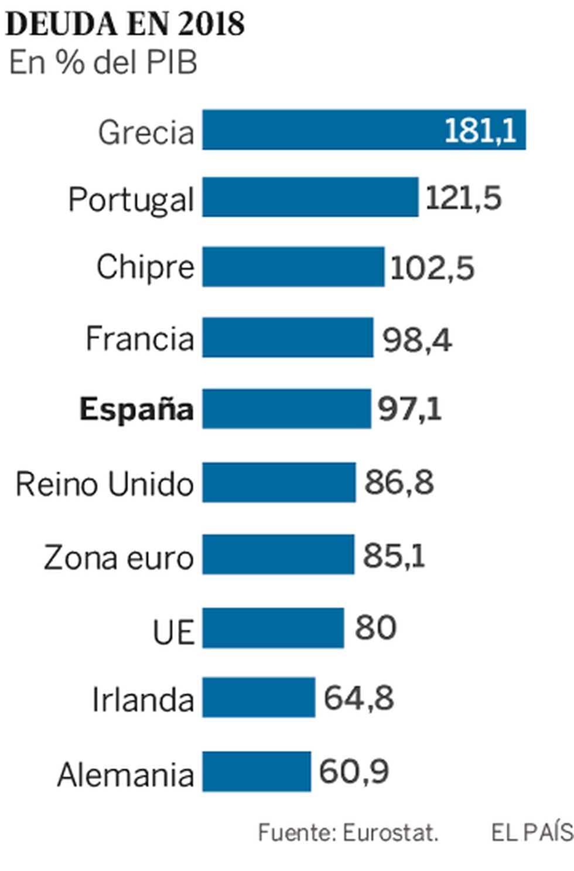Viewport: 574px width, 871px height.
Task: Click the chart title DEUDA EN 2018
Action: (125, 24)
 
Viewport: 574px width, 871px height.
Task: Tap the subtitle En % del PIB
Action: (103, 63)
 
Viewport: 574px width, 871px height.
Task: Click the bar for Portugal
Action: (310, 198)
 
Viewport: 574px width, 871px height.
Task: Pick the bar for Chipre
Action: (293, 267)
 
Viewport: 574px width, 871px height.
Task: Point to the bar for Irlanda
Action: (259, 697)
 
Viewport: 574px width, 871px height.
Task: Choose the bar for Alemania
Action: (257, 771)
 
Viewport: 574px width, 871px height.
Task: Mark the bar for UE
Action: (273, 628)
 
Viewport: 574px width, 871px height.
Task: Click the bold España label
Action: (136, 409)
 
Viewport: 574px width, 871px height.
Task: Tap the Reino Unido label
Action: (104, 484)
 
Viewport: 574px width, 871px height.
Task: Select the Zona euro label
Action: (118, 557)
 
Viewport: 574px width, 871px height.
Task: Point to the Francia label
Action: (139, 338)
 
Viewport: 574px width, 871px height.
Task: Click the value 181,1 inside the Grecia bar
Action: (480, 130)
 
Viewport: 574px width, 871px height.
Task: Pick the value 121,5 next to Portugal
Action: (463, 198)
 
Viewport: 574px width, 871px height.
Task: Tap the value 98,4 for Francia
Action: (417, 339)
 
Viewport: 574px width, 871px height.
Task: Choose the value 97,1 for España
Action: (409, 409)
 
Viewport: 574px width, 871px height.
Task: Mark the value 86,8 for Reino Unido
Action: (399, 483)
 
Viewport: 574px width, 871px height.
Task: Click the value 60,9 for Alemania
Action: (354, 771)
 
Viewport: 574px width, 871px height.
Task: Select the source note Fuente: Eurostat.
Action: (348, 832)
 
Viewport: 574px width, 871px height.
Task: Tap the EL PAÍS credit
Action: (532, 832)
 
